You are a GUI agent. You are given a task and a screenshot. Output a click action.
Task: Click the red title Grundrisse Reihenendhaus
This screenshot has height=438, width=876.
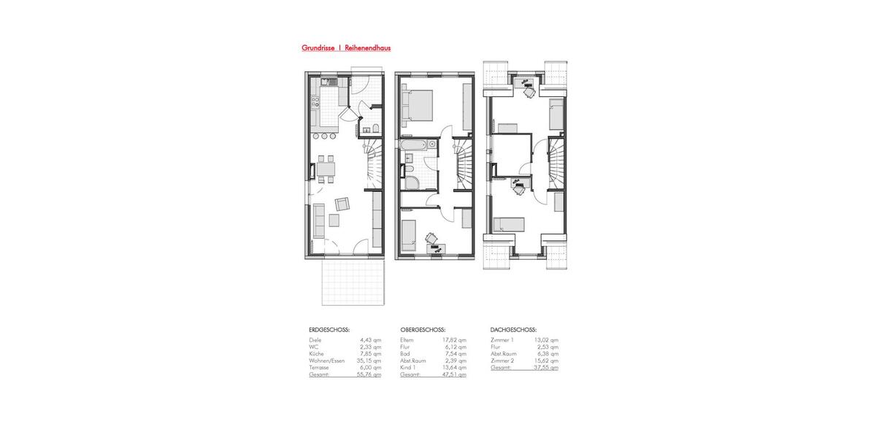pyautogui.click(x=346, y=48)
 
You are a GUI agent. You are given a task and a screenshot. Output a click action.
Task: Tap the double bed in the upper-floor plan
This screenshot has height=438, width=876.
pyautogui.click(x=418, y=103)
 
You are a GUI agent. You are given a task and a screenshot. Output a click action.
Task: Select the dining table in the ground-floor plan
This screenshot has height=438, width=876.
pyautogui.click(x=326, y=169)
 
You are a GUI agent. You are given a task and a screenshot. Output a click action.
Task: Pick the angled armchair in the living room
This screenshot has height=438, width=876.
pyautogui.click(x=342, y=204)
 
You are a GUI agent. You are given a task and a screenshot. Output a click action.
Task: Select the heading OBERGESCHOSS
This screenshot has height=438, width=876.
pyautogui.click(x=423, y=330)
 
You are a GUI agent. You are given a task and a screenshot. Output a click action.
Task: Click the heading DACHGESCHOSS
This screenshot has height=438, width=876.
pyautogui.click(x=515, y=330)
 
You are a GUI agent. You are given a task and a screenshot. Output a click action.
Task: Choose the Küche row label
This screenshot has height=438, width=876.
pyautogui.click(x=318, y=354)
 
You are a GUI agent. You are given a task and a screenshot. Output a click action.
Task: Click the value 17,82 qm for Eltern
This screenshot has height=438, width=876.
pyautogui.click(x=456, y=340)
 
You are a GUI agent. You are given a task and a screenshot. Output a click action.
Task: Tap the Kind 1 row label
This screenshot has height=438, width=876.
pyautogui.click(x=409, y=368)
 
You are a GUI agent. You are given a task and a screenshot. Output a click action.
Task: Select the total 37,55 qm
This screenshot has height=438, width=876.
pyautogui.click(x=547, y=368)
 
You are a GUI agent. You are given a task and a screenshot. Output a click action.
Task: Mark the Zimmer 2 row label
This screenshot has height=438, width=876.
pyautogui.click(x=503, y=361)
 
